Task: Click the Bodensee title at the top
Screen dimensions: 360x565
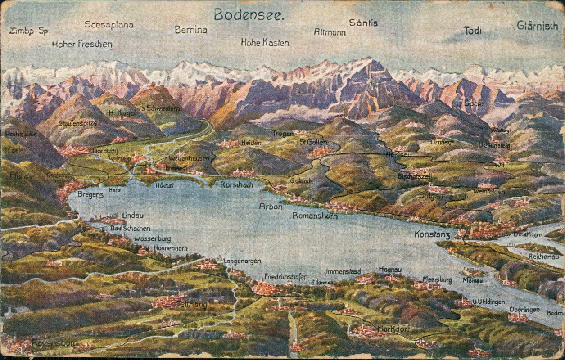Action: [249, 15]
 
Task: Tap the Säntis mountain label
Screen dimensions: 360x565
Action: [363, 23]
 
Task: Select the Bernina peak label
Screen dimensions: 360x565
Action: [191, 30]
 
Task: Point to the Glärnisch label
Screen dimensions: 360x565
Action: [537, 25]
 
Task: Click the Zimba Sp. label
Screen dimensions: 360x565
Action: [29, 31]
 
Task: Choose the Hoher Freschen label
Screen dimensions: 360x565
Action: [82, 44]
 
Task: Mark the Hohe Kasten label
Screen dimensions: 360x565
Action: [265, 42]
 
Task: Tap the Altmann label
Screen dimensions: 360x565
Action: [330, 32]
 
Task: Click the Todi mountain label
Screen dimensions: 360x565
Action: [472, 31]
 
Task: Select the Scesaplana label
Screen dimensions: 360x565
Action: [109, 24]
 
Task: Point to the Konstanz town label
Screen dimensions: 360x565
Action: [432, 234]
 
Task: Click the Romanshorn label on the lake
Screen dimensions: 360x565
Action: [315, 216]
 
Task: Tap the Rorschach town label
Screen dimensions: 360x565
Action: [237, 184]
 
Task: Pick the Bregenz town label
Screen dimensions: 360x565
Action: [90, 194]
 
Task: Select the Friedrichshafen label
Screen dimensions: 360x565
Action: [286, 276]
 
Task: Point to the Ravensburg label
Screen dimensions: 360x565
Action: [54, 343]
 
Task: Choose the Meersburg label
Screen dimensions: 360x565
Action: [437, 279]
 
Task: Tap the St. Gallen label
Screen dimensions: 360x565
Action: [313, 142]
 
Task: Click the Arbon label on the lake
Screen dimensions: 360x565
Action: [271, 207]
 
